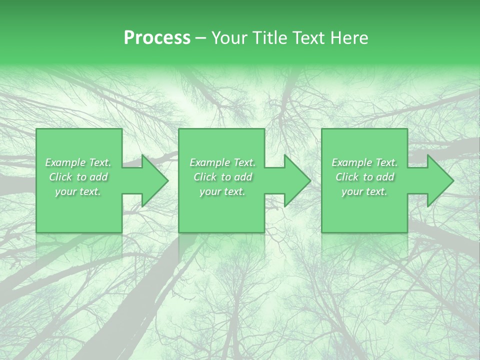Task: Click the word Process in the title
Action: point(157,38)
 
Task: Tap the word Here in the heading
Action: point(350,38)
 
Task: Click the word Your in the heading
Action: point(229,38)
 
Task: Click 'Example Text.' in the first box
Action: point(78,162)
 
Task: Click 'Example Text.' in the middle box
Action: point(222,162)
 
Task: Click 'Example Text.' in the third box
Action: point(364,162)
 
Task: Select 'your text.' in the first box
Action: point(78,191)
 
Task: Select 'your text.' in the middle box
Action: point(222,191)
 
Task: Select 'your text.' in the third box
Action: point(364,191)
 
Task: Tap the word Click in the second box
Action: point(205,177)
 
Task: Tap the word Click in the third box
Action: point(347,177)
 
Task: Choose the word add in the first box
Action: point(99,177)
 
